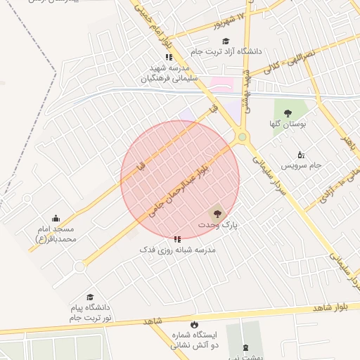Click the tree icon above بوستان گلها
[288, 112]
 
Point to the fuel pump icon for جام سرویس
[301, 154]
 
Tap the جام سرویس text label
[302, 165]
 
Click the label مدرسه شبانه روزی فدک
[178, 250]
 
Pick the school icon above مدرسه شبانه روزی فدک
[177, 239]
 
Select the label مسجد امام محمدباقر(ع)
[56, 234]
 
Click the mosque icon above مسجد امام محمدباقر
[56, 218]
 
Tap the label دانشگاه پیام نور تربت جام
[90, 314]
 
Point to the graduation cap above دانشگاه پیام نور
[90, 297]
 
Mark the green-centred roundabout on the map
[243, 136]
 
